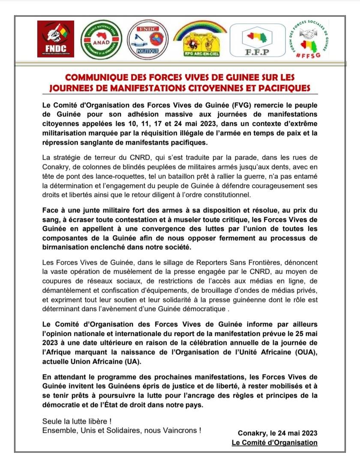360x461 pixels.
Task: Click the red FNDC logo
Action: pos(56,39)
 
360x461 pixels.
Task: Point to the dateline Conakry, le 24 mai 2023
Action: pos(278,433)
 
